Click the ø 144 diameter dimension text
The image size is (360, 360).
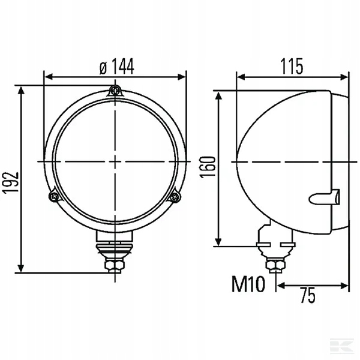116,67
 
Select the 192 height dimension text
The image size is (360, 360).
11,182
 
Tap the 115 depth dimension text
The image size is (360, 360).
292,67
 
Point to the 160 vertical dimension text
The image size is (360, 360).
208,167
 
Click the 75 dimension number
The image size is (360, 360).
308,295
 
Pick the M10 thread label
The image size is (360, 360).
248,284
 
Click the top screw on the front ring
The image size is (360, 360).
115,91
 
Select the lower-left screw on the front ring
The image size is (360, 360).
54,196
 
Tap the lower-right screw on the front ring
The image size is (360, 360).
175,197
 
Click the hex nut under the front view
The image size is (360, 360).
115,265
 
